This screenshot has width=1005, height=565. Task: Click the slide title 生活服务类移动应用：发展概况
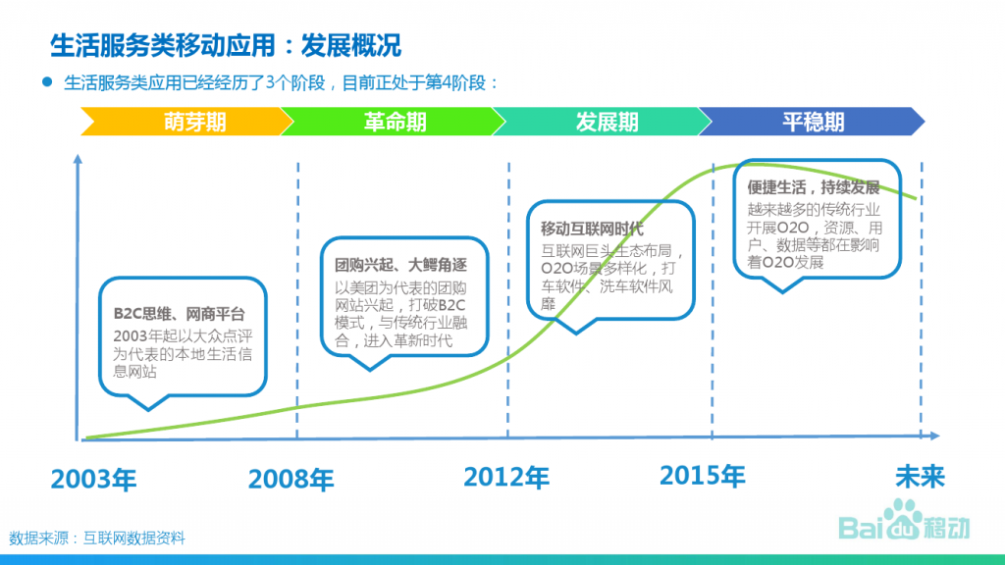point(226,45)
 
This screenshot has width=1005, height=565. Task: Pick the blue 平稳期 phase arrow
point(812,121)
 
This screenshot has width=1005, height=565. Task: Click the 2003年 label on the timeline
point(93,479)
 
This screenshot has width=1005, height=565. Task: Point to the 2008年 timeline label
point(291,479)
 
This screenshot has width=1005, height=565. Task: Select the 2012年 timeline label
point(506,478)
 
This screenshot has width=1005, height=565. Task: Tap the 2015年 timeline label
point(703,476)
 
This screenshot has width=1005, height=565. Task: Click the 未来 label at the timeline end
point(920,477)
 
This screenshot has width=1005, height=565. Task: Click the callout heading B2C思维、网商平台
point(180,314)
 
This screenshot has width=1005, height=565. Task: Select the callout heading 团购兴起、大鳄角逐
point(400,265)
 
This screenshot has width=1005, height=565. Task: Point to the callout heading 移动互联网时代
point(592,229)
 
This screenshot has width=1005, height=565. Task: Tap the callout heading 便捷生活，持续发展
point(814,187)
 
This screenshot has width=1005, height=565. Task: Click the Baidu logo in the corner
point(904,521)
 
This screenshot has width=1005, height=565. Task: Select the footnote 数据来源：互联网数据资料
point(97,539)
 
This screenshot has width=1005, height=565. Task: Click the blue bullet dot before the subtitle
point(47,82)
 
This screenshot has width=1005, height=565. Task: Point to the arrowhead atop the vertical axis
point(78,158)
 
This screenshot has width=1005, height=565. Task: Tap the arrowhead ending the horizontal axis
point(934,436)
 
